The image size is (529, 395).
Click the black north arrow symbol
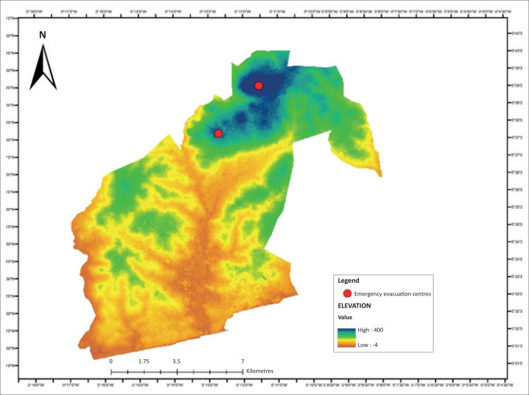[42, 68]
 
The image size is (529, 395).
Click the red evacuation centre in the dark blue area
[259, 85]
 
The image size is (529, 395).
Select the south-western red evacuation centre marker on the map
[218, 133]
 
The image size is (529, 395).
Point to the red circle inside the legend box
[347, 293]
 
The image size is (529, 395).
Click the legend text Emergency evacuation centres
[392, 293]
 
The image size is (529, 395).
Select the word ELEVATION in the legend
[355, 305]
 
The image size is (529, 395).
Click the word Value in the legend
[345, 316]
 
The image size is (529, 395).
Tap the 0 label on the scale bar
[111, 361]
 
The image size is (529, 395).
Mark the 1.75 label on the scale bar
[144, 361]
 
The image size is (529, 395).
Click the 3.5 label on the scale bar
[176, 361]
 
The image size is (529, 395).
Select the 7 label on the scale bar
[242, 361]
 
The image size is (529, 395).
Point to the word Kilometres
[260, 371]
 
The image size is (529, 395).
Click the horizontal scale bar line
[176, 371]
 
